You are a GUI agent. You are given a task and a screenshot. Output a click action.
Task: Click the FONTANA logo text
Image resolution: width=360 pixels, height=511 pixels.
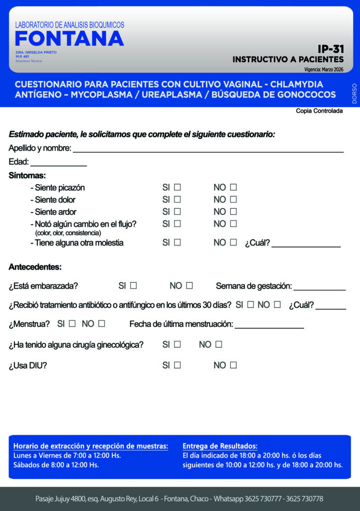69,38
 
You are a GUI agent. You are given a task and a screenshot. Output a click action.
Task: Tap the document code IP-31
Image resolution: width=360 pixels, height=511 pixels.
331,49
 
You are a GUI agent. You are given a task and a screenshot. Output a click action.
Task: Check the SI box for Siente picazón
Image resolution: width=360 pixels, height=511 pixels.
177,188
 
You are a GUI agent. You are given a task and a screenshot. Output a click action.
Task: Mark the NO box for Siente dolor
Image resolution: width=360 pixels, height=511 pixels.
233,200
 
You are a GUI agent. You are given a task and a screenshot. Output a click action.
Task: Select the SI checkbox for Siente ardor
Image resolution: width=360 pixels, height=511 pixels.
177,212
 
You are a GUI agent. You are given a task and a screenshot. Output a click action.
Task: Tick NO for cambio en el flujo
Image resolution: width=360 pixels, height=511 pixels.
233,224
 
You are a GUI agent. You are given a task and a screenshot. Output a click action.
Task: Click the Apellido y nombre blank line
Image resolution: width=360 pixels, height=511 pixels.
208,150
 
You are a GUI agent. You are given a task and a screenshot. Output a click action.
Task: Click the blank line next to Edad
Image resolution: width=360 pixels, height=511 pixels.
58,164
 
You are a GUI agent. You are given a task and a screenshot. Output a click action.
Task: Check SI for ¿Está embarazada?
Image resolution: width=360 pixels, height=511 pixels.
133,286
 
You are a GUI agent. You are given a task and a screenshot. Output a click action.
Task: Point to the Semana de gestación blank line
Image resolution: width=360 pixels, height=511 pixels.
319,289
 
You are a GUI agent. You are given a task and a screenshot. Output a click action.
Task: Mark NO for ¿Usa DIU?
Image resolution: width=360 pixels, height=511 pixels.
233,365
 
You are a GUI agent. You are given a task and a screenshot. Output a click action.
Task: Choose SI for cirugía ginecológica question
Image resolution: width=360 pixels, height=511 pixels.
177,344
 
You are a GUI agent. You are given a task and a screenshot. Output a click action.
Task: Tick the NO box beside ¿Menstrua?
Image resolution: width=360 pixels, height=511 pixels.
102,323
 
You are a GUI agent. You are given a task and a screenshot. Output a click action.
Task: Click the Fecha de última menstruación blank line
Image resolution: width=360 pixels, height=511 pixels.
269,327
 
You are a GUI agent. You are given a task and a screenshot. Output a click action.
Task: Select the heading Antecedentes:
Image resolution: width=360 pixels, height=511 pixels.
35,267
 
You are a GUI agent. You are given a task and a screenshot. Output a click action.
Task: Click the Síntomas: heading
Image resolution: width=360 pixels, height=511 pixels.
27,176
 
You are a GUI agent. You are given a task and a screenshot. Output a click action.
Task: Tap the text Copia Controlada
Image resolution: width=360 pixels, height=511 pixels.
319,111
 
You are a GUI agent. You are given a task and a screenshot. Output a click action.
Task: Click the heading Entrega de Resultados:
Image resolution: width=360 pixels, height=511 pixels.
220,446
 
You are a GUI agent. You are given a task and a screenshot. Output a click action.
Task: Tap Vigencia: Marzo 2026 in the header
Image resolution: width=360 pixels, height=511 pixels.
324,69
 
